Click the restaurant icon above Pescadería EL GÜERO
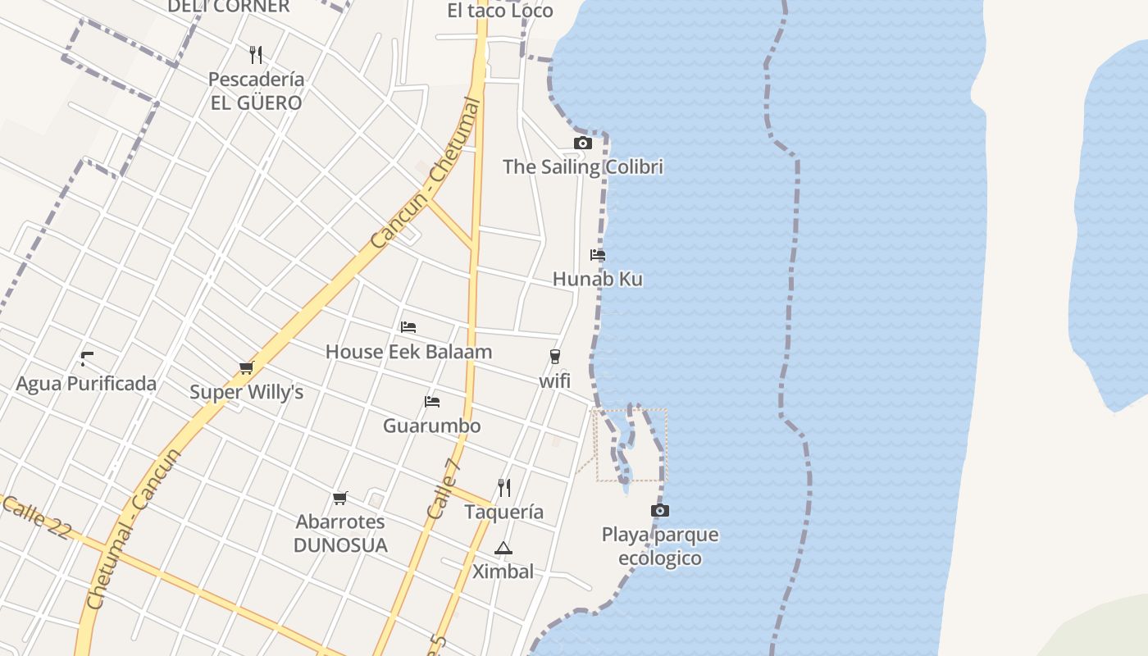coord(256,55)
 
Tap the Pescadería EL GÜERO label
coord(256,91)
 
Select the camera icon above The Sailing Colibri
coord(583,143)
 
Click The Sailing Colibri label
coord(583,167)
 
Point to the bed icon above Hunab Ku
coord(598,255)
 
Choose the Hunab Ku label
coord(598,279)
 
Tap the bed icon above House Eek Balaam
coord(408,327)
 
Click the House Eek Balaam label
coord(408,352)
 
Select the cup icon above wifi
coord(555,357)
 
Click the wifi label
coord(555,381)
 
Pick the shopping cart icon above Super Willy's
coord(246,367)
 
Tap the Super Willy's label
coord(246,392)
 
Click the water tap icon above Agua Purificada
coord(86,358)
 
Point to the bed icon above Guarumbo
coord(432,402)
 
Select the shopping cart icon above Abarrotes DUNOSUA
coord(340,498)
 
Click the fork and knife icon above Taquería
coord(504,487)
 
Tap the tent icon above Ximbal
coord(503,548)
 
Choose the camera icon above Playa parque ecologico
coord(660,511)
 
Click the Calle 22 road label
coord(36,518)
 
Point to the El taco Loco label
coord(500,11)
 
